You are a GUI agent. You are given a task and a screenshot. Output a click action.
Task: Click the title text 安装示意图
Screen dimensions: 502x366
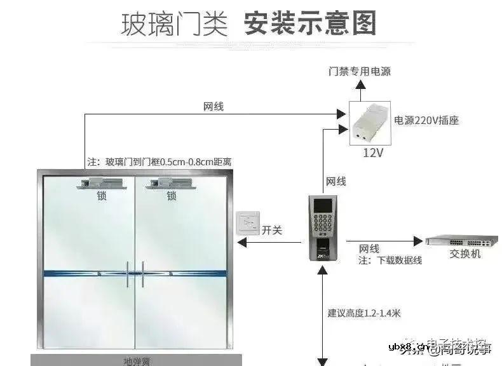tap(310, 23)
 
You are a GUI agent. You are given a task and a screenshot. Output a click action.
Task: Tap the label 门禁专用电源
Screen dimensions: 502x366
tap(359, 71)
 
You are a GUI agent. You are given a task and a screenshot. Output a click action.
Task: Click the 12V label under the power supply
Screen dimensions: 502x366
tap(372, 152)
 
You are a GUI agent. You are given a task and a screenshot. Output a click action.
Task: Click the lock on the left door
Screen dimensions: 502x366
tap(100, 184)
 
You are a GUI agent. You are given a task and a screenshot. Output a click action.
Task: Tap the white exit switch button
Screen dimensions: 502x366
tap(248, 224)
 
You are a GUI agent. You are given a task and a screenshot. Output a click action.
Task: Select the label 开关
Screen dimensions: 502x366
tap(272, 230)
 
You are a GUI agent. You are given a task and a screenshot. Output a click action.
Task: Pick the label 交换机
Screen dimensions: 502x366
tap(465, 254)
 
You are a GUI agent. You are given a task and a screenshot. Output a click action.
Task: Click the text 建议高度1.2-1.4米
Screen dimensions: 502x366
tap(364, 313)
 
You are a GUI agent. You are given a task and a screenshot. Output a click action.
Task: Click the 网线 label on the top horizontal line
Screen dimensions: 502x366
tap(214, 107)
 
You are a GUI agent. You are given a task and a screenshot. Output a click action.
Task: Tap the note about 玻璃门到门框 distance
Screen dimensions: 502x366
tap(159, 162)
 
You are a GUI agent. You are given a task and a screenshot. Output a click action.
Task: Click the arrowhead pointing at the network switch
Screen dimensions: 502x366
tap(418, 241)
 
